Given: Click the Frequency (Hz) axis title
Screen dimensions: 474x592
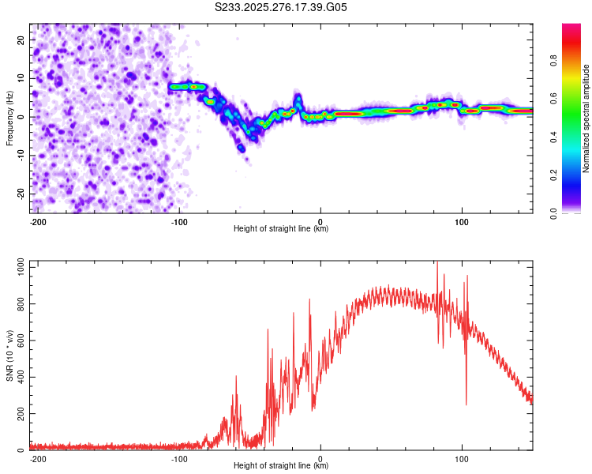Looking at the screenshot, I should click(x=10, y=118).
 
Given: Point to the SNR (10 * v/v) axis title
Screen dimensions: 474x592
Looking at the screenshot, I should click(x=10, y=355).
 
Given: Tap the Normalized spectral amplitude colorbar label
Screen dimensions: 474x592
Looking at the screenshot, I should click(x=586, y=118).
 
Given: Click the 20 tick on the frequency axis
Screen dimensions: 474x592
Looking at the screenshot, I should click(x=21, y=39).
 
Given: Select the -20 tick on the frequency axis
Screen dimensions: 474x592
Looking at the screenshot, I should click(x=20, y=194).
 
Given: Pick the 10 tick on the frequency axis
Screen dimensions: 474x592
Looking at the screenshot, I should click(x=21, y=78).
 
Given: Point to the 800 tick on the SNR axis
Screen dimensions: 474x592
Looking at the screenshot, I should click(x=18, y=304).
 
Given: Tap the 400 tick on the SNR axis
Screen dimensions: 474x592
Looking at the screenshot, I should click(x=18, y=378).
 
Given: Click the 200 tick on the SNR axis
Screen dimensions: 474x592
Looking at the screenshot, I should click(x=18, y=414).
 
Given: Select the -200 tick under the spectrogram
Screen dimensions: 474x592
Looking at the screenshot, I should click(x=37, y=221).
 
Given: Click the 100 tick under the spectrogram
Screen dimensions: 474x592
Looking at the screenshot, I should click(x=462, y=221).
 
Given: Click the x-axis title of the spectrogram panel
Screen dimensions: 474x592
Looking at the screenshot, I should click(x=281, y=229).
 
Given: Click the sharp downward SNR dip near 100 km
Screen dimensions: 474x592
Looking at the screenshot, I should click(x=466, y=403).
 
